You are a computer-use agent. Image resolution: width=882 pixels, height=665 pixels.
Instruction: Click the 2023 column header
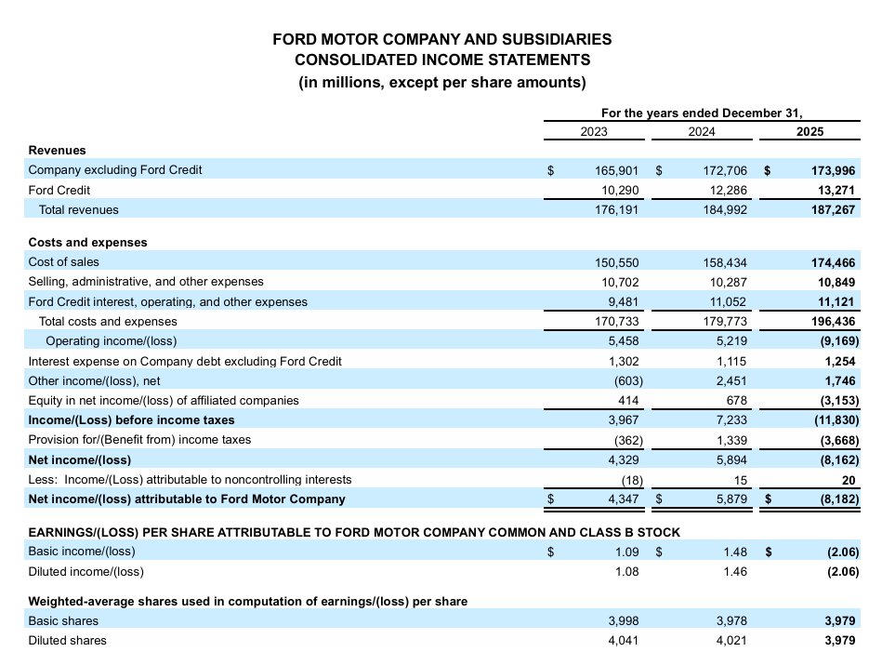tap(594, 132)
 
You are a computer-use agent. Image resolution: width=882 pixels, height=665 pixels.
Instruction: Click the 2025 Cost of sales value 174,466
tap(833, 262)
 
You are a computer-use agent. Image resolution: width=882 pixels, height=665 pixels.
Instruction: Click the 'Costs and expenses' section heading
tap(87, 242)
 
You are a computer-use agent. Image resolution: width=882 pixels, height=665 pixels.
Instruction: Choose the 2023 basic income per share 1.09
tap(626, 552)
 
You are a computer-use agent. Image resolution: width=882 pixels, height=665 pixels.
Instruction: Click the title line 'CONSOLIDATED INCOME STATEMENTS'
tap(441, 60)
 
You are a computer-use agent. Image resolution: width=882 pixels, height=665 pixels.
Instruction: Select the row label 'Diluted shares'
tap(68, 640)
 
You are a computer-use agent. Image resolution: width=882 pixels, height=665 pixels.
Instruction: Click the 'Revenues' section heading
tap(58, 150)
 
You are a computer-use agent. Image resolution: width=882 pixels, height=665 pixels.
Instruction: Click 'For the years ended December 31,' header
tap(701, 113)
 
